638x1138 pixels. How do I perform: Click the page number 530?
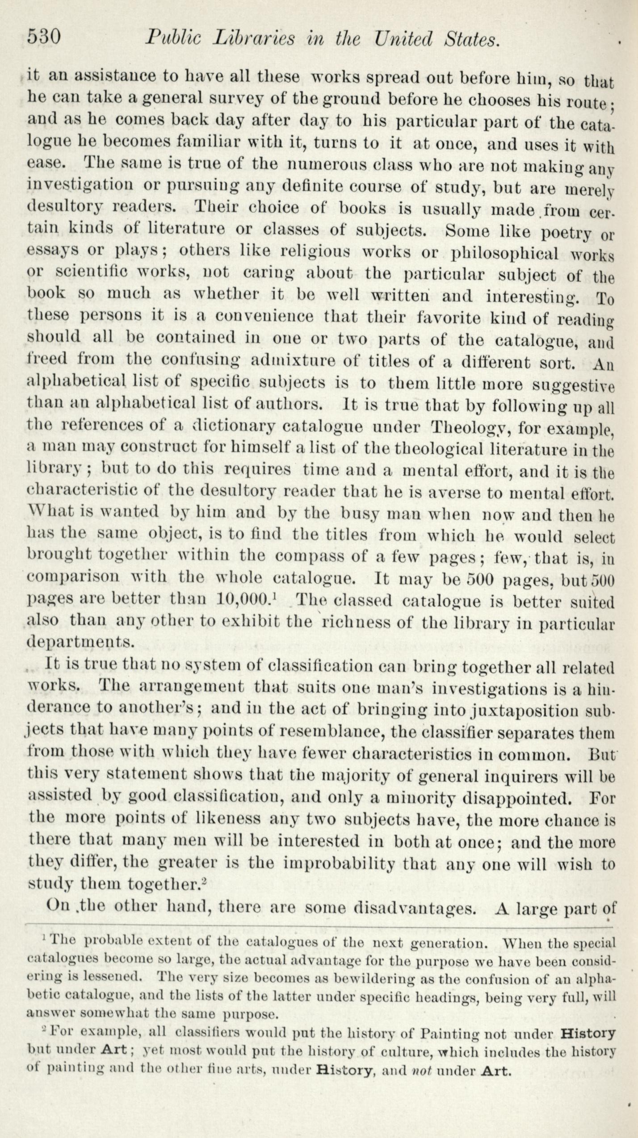44,37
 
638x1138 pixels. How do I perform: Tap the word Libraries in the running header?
253,39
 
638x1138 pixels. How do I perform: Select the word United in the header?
404,39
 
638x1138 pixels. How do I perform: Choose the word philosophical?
505,254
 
